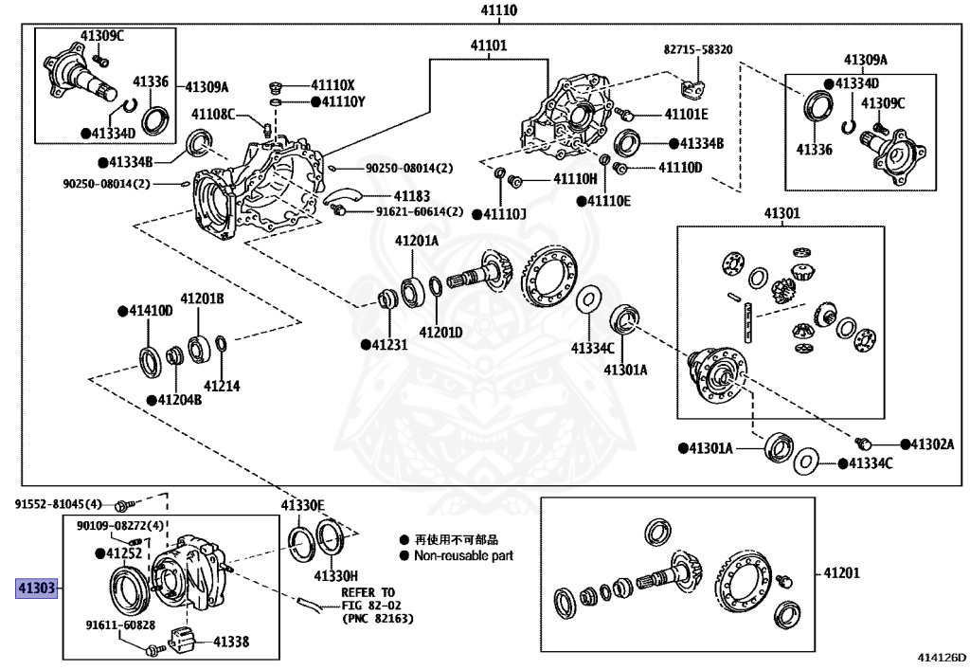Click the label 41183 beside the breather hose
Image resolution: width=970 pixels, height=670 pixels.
point(411,196)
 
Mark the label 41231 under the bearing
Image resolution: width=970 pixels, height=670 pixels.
point(387,346)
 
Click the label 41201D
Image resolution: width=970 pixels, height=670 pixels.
point(441,333)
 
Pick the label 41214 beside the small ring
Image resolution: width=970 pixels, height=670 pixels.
point(221,386)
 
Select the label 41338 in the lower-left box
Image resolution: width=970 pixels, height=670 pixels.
point(230,643)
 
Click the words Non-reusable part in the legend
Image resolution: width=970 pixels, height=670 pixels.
point(464,555)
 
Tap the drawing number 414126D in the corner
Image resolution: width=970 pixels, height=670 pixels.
point(941,656)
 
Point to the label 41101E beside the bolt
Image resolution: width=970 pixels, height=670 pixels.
point(686,114)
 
